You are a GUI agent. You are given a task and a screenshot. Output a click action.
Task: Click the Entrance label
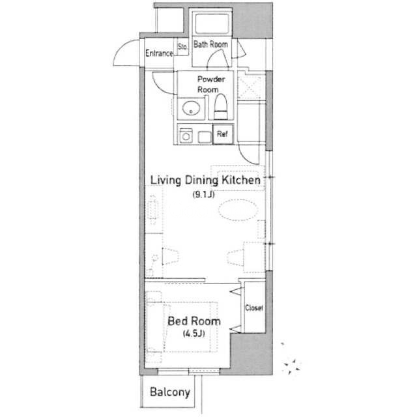pos(159,53)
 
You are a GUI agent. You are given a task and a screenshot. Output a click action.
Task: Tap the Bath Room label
pos(210,44)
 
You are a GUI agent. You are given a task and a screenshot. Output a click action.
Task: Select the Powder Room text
pos(211,84)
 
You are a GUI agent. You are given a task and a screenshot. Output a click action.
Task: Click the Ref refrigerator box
pos(223,134)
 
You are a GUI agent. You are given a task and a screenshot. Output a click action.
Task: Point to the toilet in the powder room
pos(221,107)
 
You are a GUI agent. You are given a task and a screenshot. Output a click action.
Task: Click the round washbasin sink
pos(191,108)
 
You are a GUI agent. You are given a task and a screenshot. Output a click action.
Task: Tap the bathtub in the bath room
pos(212,23)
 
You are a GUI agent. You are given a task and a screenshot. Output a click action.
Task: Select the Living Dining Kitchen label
pos(205,180)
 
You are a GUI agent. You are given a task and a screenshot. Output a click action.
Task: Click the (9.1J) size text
pos(203,195)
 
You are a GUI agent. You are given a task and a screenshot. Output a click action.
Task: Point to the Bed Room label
pos(194,321)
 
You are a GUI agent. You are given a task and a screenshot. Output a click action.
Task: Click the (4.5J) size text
pos(194,334)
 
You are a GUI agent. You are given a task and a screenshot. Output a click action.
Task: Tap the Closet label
pos(254,308)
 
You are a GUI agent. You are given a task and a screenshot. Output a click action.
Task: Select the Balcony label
pos(170,392)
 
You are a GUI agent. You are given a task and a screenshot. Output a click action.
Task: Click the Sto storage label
pos(182,47)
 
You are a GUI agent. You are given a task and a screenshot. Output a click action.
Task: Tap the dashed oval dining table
pos(238,210)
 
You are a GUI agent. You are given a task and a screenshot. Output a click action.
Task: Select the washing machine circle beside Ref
pos(186,137)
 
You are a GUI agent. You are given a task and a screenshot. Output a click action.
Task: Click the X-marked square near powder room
pos(250,87)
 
